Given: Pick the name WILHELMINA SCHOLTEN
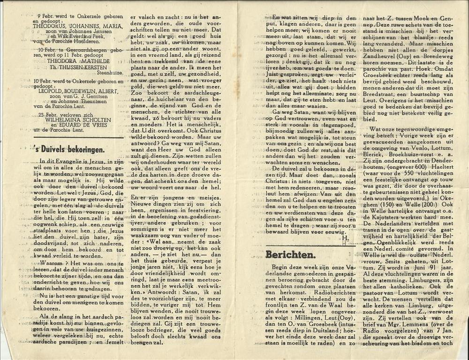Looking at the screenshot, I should coord(77,120).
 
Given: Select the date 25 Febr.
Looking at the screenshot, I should coord(47,114).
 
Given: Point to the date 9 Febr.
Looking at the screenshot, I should coord(45,15).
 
